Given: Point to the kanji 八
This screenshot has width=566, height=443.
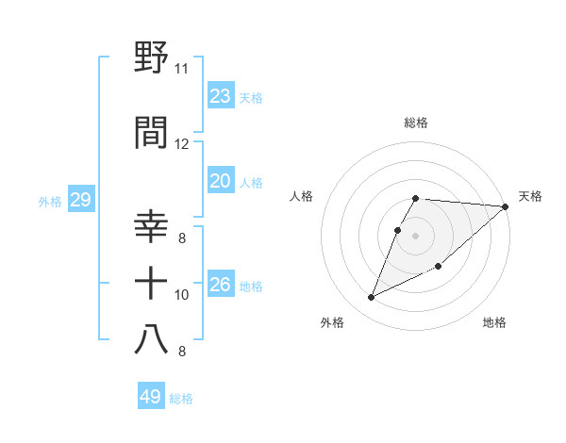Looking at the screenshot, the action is (152, 338).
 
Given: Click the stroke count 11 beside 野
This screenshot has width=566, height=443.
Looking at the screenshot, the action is (181, 69).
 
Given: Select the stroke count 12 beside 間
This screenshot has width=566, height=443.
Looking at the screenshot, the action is (181, 144).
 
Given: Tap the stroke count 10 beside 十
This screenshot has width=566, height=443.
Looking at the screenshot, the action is (182, 295).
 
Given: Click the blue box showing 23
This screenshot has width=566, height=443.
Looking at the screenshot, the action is (220, 96).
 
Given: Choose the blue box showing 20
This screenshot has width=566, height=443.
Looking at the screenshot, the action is (220, 182).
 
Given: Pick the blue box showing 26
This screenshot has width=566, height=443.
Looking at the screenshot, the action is (220, 285).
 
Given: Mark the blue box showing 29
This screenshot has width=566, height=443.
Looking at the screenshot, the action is (80, 200).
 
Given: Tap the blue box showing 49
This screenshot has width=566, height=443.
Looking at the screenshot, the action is (150, 397).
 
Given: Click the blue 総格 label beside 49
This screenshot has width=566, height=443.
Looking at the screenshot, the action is (181, 399).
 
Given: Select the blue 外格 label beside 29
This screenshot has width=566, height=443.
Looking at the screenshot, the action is (50, 201).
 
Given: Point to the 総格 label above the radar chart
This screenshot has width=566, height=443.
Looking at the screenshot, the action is (416, 123).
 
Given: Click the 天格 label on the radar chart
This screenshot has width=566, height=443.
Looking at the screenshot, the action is (531, 196).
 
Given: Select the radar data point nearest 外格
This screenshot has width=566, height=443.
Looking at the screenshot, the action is (371, 298).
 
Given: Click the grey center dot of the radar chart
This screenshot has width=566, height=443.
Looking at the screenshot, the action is (416, 236).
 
